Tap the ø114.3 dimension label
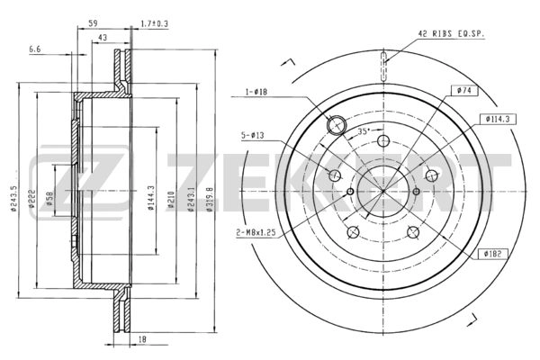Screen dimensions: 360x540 click(498, 119)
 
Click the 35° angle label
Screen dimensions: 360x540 click(364, 131)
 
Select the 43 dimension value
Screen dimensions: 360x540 click(103, 37)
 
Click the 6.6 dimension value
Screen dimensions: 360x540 click(35, 49)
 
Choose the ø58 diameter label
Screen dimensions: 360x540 click(51, 198)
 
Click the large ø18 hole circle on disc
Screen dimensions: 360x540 click(334, 126)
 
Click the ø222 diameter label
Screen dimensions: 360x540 click(32, 198)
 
